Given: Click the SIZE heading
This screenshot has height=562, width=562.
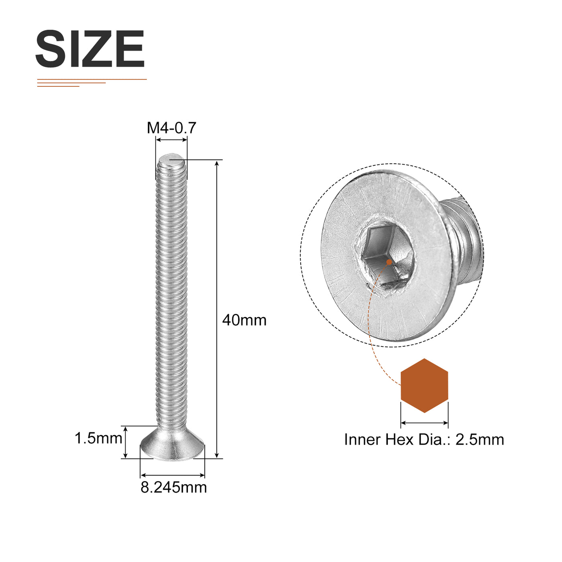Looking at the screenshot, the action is [x=90, y=49].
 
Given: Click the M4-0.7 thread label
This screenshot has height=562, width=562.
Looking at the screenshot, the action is [x=171, y=128].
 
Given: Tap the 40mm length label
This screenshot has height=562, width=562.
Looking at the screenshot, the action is [x=244, y=320].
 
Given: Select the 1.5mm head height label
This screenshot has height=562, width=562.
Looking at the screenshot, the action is [x=98, y=438].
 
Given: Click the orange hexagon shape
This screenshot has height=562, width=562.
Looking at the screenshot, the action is [x=424, y=386].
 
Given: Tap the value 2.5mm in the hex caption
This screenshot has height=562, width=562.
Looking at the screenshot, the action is [x=480, y=440].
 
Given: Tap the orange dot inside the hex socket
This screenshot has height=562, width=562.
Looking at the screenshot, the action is [x=389, y=262].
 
